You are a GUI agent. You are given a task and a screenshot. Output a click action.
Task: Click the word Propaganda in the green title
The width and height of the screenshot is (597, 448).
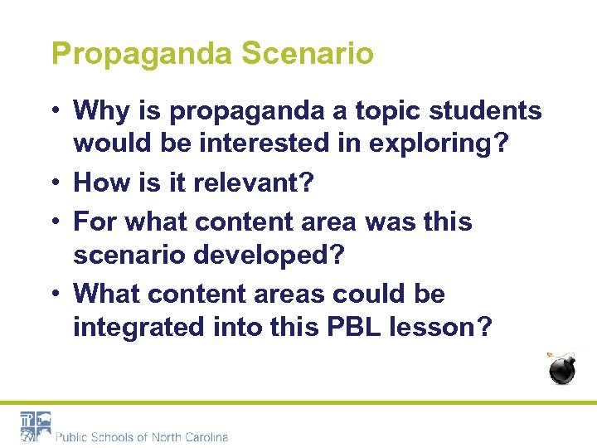143,55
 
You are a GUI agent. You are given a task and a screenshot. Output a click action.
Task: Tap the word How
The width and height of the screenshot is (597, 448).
99,183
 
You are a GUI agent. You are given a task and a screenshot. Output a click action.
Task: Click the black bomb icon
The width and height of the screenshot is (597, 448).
563,369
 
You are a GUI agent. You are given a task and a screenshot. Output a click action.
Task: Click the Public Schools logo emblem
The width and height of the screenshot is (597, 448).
36,426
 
